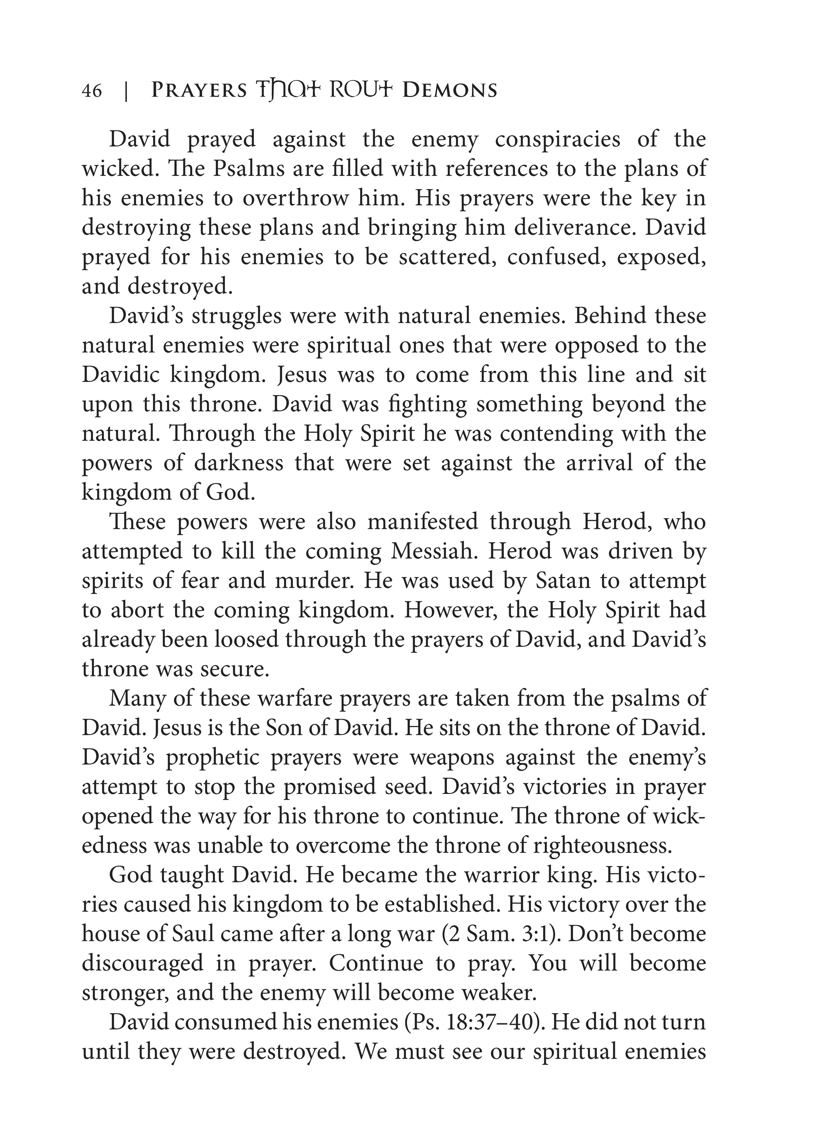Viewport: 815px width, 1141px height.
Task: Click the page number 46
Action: [x=92, y=91]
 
